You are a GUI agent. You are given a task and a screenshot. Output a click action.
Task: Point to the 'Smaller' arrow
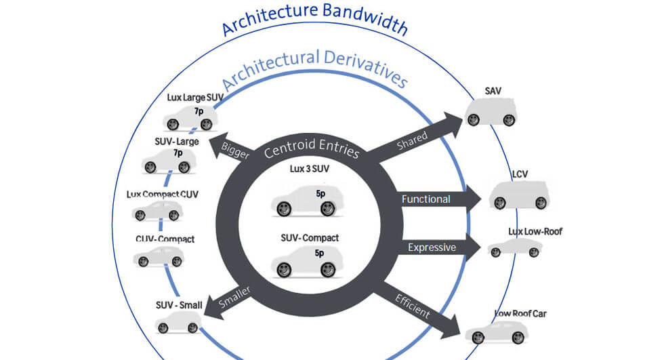click(x=230, y=298)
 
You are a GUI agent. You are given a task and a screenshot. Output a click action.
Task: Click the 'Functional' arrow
click(x=434, y=199)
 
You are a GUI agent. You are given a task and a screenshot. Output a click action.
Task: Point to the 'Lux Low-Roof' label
click(x=535, y=231)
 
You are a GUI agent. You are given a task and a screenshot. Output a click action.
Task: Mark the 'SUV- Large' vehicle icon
click(x=169, y=161)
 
